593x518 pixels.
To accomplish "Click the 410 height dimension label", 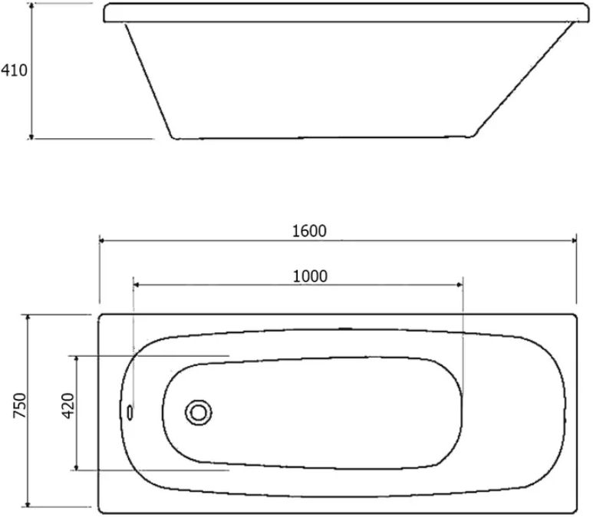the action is tap(15, 71).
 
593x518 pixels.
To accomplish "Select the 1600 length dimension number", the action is tap(309, 231).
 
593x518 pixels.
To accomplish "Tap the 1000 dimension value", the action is tap(310, 276).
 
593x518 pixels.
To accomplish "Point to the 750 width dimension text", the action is tap(20, 405).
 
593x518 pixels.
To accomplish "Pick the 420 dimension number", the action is tap(68, 406).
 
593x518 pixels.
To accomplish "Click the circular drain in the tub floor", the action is tap(199, 412).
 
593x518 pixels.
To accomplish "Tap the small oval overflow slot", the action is tap(130, 412).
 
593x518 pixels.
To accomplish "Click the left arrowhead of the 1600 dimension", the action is tap(102, 240).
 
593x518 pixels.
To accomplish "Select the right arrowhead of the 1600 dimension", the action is tap(574, 240).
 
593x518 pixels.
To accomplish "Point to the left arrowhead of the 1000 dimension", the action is tap(136, 285).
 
